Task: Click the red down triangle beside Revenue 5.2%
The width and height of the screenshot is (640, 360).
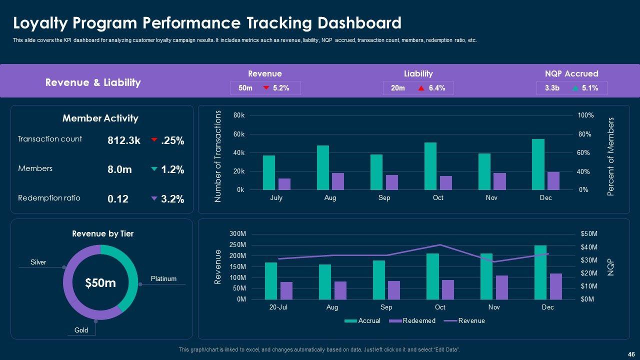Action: pos(266,88)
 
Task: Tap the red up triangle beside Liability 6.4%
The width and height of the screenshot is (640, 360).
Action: pos(421,88)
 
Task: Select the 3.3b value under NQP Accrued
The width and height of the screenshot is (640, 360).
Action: pos(552,88)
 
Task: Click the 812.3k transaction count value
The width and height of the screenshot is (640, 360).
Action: pos(124,140)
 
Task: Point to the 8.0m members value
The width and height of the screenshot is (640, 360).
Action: pos(119,169)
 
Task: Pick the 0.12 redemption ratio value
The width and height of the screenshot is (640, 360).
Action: pos(118,199)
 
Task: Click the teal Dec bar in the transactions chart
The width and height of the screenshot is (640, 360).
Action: pos(538,164)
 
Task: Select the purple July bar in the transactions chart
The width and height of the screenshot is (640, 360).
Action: pos(284,184)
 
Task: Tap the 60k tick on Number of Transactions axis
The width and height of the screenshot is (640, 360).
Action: pos(239,134)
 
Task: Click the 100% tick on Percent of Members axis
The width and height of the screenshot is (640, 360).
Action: pos(586,115)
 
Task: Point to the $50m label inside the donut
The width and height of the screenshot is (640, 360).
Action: pos(100,283)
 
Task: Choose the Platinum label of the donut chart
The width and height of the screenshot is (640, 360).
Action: pos(163,278)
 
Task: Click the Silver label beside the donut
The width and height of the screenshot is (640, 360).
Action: pos(38,262)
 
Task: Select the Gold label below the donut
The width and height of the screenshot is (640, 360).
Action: pos(81,330)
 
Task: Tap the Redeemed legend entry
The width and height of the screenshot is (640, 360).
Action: pos(418,320)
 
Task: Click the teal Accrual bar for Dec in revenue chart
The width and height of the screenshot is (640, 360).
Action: pos(540,272)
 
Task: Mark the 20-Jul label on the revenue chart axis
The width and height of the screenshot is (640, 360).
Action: pos(278,307)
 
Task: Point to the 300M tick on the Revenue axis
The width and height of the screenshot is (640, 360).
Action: pos(238,234)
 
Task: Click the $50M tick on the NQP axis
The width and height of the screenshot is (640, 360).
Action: pos(589,234)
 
